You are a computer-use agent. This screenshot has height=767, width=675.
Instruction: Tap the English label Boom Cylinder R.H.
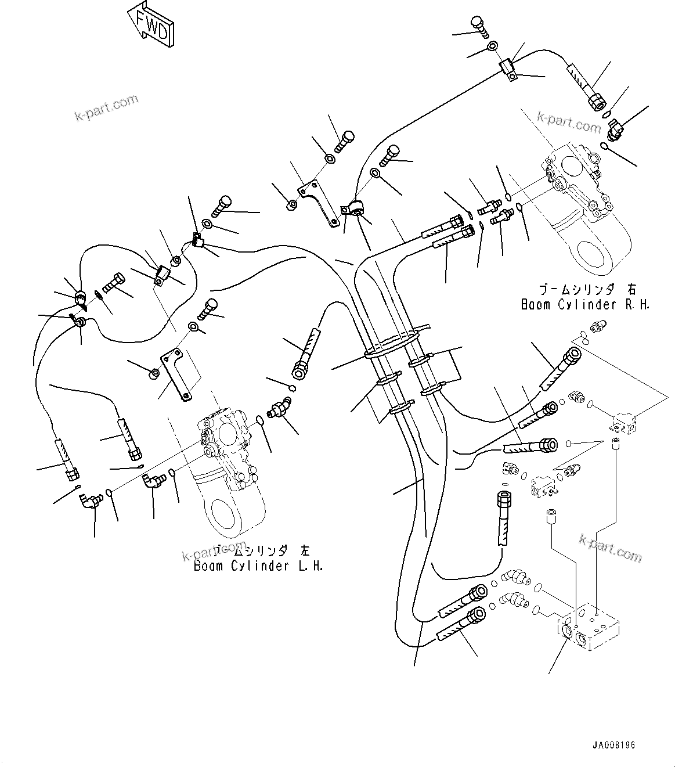pos(585,304)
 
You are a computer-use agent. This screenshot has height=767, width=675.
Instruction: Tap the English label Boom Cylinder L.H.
pos(258,566)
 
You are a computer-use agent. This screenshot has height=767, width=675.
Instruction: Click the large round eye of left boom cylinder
pos(224,511)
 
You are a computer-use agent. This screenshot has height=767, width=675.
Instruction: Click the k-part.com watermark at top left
pos(107,108)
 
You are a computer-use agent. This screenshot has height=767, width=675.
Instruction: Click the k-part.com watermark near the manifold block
pos(611,548)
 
